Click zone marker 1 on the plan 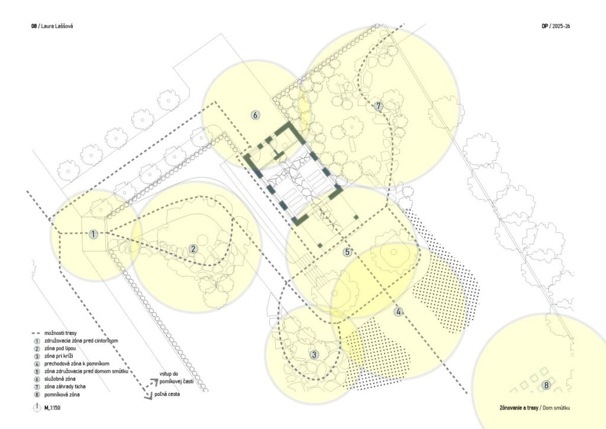[x=93, y=234]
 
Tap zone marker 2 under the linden [x=193, y=249]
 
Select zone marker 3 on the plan [x=314, y=354]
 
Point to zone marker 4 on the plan [x=398, y=311]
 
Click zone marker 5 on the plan [x=347, y=252]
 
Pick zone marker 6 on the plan [x=255, y=115]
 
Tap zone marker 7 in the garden [x=378, y=106]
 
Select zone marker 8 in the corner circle [x=546, y=385]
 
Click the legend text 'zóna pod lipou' [x=60, y=348]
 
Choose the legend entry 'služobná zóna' [x=60, y=379]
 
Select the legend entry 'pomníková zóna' [x=62, y=395]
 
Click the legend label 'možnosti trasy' [x=60, y=333]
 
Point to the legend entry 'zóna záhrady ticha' [x=65, y=386]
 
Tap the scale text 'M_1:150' [x=52, y=408]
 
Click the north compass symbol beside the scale [x=37, y=407]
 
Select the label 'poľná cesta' [x=167, y=394]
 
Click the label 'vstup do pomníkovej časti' [x=176, y=378]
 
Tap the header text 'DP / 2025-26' [x=556, y=26]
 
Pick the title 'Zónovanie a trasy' [x=518, y=408]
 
